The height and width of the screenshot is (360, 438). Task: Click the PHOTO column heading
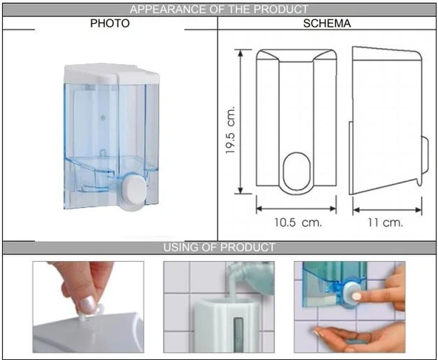(x=109, y=23)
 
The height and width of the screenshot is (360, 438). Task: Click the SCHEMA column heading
(x=327, y=24)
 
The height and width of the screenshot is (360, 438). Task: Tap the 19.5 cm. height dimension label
(x=230, y=130)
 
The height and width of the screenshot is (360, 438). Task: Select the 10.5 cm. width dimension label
(x=297, y=223)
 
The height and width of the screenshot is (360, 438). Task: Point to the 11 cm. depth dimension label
(x=385, y=223)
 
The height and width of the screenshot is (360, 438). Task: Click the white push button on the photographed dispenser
(x=134, y=191)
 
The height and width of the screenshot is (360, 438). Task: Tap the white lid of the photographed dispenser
(x=112, y=73)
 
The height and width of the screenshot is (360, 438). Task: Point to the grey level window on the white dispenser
(x=238, y=334)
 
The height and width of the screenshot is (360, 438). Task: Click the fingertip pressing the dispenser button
(x=357, y=296)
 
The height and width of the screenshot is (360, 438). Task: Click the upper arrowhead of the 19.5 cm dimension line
(x=240, y=53)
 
